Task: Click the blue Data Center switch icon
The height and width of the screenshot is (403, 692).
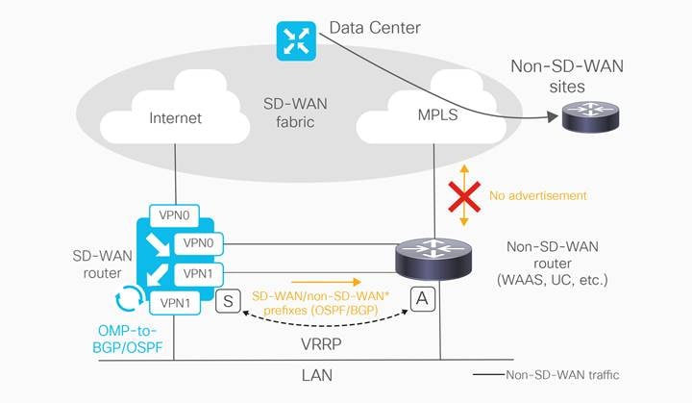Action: [x=296, y=41]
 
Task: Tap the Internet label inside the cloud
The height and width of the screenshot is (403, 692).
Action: [x=175, y=118]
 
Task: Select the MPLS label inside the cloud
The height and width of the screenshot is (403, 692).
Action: [x=437, y=114]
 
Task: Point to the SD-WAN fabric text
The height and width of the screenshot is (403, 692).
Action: [x=295, y=113]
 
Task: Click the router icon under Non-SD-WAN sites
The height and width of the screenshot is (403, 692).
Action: [x=590, y=116]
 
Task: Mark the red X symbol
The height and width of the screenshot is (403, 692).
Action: [x=464, y=196]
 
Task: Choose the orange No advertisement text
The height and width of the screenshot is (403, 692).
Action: [x=538, y=196]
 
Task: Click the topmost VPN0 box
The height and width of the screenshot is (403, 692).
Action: [x=174, y=215]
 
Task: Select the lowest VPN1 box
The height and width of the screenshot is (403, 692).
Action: [x=175, y=303]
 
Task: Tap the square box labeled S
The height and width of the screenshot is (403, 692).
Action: [x=228, y=301]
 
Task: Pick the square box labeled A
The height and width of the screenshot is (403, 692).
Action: [x=422, y=299]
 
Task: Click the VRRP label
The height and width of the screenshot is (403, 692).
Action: [x=321, y=343]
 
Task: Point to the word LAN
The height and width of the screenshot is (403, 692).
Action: [x=317, y=376]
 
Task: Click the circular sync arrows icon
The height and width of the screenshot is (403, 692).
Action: [x=130, y=298]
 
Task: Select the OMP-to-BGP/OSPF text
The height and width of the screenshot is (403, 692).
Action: [x=127, y=339]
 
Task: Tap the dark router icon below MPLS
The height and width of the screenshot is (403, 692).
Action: [x=433, y=259]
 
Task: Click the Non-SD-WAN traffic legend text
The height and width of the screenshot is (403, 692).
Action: [x=562, y=375]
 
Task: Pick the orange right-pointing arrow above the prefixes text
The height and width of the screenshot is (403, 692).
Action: [x=326, y=282]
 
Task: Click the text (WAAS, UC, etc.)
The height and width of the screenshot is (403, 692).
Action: [x=552, y=280]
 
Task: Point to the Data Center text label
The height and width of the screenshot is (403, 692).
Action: [x=375, y=28]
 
